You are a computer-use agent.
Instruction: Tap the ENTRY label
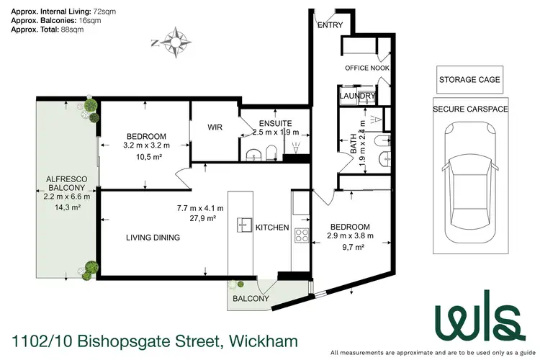click(330, 25)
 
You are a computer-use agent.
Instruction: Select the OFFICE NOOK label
click(366, 68)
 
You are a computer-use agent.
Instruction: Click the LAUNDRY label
click(357, 96)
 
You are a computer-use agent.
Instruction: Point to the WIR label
click(215, 127)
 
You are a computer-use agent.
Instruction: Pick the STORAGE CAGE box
click(469, 79)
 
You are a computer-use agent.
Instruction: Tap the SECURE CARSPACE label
click(469, 109)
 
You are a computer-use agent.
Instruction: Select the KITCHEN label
click(272, 228)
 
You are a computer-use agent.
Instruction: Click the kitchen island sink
click(242, 225)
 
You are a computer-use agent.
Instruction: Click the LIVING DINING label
click(153, 238)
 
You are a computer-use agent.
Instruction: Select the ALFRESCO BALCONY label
click(67, 185)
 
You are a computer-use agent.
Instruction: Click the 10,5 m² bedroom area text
click(146, 158)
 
